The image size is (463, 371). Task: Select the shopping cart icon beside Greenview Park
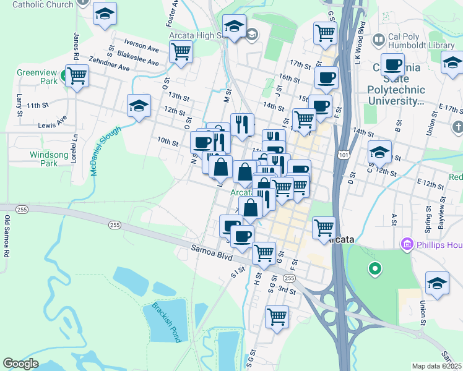click(x=77, y=76)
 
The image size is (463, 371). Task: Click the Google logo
click(x=20, y=364)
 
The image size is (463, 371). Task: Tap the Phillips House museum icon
click(x=407, y=245)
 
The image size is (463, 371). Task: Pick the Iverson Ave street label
click(x=142, y=45)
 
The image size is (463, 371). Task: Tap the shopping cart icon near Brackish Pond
click(x=277, y=317)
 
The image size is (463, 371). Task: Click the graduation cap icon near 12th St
click(x=139, y=106)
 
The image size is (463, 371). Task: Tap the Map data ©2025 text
click(x=436, y=366)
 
